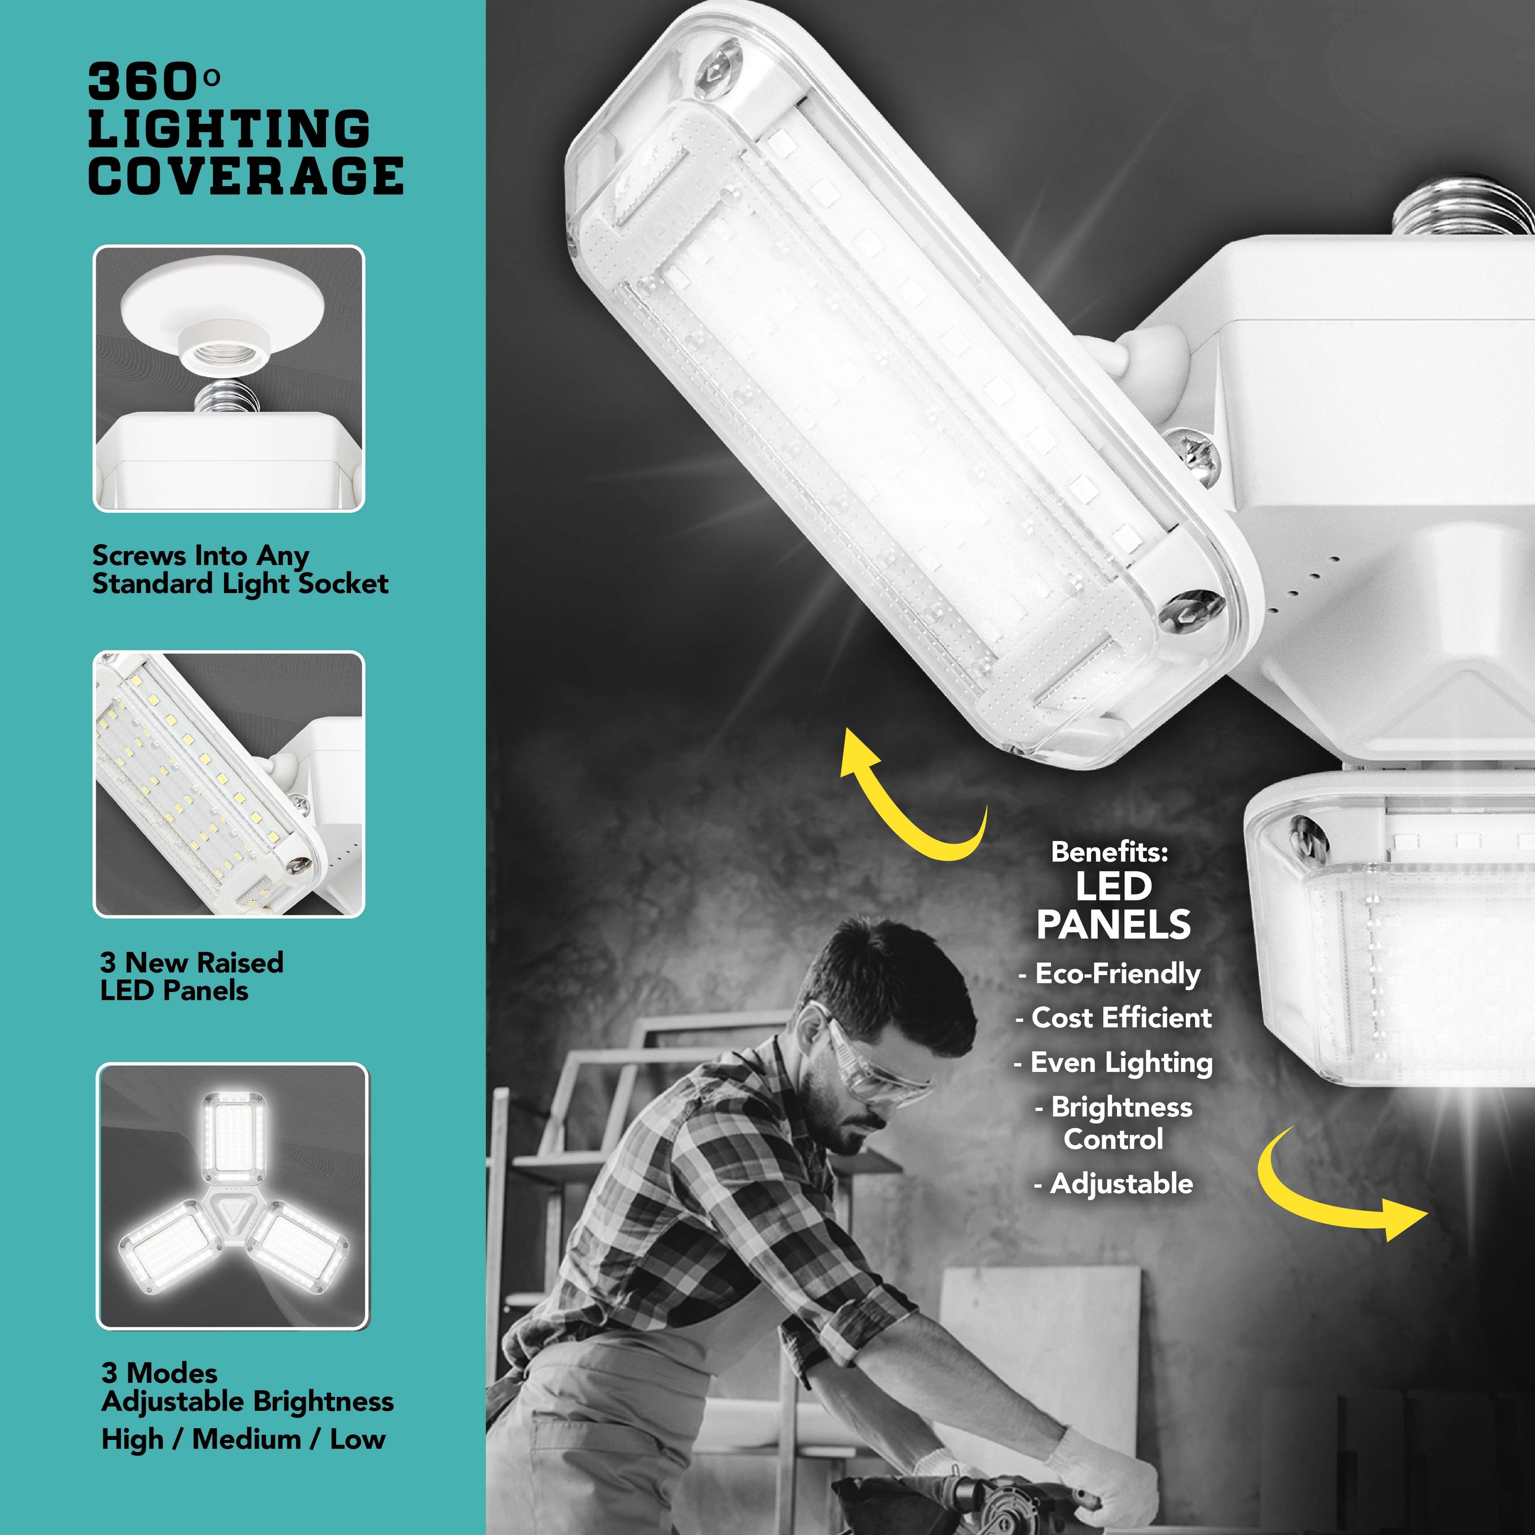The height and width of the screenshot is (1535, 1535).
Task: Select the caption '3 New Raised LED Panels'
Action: (x=191, y=976)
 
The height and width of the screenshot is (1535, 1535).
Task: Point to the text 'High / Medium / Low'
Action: (x=243, y=1439)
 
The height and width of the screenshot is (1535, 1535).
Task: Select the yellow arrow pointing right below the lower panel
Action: (x=1335, y=1192)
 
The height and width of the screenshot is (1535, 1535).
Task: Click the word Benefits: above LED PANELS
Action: (x=1109, y=852)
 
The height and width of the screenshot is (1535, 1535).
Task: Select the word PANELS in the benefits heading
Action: (x=1113, y=925)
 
